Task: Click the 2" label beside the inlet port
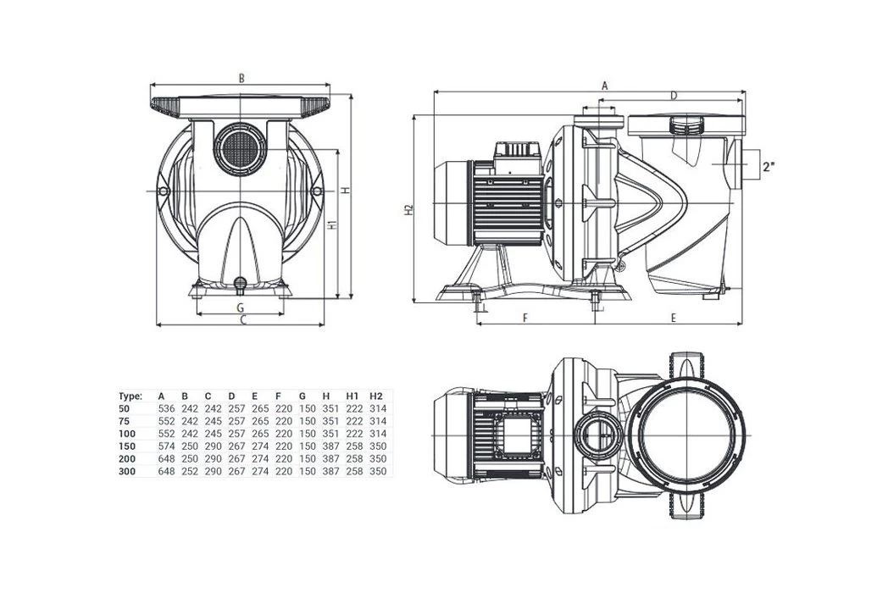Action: [x=769, y=166]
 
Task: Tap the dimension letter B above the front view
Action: [x=241, y=78]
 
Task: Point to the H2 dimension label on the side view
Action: [x=408, y=209]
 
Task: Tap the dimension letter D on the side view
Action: [x=674, y=96]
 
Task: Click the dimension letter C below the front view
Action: [x=241, y=321]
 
